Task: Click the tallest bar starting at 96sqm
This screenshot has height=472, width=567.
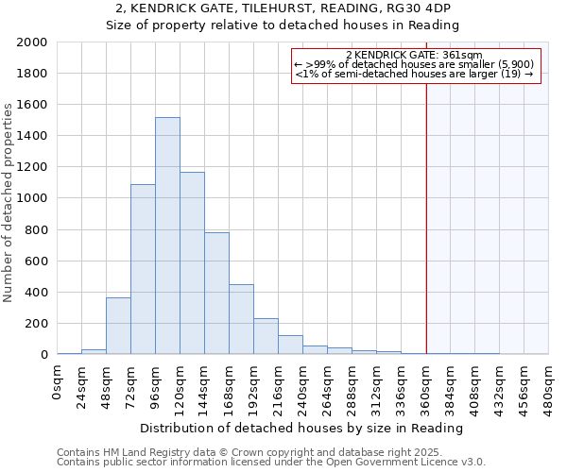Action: pos(167,236)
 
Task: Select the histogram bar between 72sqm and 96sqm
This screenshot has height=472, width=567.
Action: pos(143,269)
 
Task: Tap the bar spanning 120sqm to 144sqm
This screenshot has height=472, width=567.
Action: pos(192,263)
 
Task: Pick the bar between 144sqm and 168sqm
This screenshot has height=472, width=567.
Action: pos(216,294)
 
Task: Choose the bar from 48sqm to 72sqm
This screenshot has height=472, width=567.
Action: pos(118,326)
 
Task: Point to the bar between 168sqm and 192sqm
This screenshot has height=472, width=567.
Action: pos(241,319)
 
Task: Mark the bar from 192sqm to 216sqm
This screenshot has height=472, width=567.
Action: pos(266,336)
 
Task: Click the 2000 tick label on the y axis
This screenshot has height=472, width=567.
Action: pos(32,42)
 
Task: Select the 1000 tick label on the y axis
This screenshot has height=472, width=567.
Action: pos(32,198)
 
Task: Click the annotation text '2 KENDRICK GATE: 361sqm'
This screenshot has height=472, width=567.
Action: pos(415,55)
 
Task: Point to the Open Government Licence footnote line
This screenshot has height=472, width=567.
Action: pos(271,463)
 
